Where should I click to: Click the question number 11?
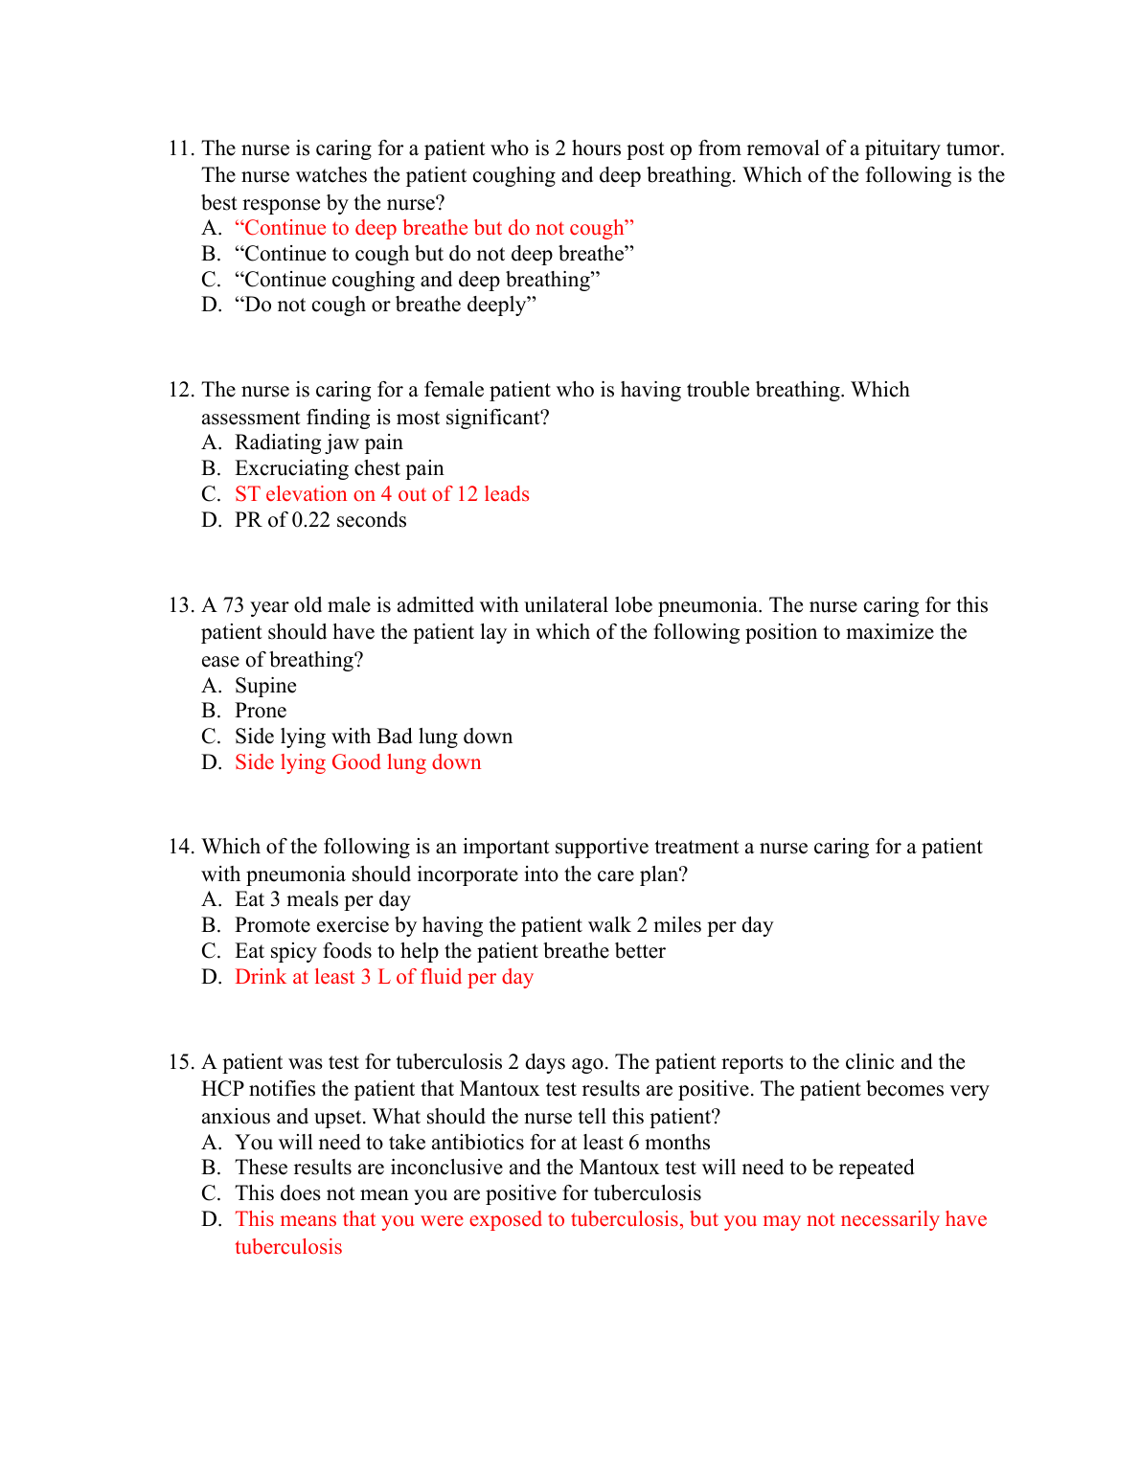pyautogui.click(x=181, y=148)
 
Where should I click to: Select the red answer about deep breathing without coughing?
pyautogui.click(x=434, y=228)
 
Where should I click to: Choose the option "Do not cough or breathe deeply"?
pyautogui.click(x=385, y=305)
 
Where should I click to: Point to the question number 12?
pyautogui.click(x=181, y=390)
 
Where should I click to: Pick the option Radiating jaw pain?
pyautogui.click(x=318, y=442)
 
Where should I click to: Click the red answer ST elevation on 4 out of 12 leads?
pyautogui.click(x=381, y=494)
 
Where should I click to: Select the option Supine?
pyautogui.click(x=265, y=686)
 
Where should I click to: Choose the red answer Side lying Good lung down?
pyautogui.click(x=357, y=762)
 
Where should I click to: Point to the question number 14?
pyautogui.click(x=181, y=847)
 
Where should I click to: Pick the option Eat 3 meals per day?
pyautogui.click(x=322, y=899)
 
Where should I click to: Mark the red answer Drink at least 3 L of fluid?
pyautogui.click(x=383, y=977)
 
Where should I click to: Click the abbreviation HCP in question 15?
pyautogui.click(x=222, y=1089)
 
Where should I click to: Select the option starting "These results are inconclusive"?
pyautogui.click(x=574, y=1168)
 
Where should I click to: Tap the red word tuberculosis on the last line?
pyautogui.click(x=288, y=1247)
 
